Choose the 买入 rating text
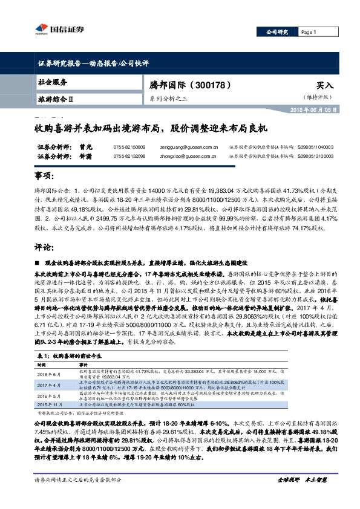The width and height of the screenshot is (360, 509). click(x=324, y=86)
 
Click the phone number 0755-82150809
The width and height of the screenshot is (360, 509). click(x=129, y=147)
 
